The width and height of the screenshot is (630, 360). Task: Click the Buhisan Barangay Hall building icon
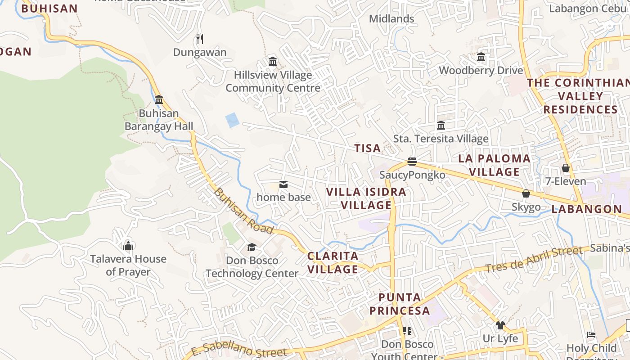159,99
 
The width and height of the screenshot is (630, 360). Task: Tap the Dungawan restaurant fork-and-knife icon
200,39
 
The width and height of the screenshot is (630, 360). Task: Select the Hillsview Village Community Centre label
273,81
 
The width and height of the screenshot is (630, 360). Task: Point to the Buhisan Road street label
243,211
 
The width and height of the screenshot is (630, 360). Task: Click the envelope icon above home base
283,184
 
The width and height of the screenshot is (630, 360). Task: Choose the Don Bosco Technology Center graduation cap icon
252,247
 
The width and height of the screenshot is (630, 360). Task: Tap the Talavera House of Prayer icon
129,246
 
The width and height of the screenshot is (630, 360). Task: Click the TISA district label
368,148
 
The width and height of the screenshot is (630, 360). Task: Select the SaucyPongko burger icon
412,161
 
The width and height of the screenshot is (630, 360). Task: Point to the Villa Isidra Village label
366,198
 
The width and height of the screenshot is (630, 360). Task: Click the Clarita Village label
333,263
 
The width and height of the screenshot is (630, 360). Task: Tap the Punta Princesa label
400,304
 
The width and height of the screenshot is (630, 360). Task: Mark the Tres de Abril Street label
534,260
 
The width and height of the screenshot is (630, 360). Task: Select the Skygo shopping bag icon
526,193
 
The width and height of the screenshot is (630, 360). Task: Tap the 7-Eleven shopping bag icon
566,168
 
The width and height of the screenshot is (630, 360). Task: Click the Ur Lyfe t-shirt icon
500,325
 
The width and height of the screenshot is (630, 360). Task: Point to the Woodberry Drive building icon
481,57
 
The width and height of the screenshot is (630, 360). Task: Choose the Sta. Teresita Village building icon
441,125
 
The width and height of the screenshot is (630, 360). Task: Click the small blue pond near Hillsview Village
232,120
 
